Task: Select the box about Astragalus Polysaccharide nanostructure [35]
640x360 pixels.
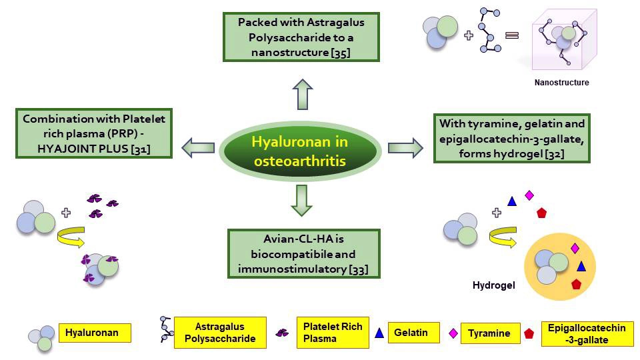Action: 301,37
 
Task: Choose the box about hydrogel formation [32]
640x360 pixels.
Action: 512,138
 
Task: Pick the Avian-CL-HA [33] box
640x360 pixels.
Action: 303,254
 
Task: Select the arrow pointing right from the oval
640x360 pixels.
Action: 405,147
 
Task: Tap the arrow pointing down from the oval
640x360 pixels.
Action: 301,201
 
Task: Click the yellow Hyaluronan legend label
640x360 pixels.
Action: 94,332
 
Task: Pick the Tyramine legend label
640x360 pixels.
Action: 489,333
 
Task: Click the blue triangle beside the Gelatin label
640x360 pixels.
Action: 379,333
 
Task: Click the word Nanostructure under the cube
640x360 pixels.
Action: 561,83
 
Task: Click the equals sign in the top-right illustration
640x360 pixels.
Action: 512,35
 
